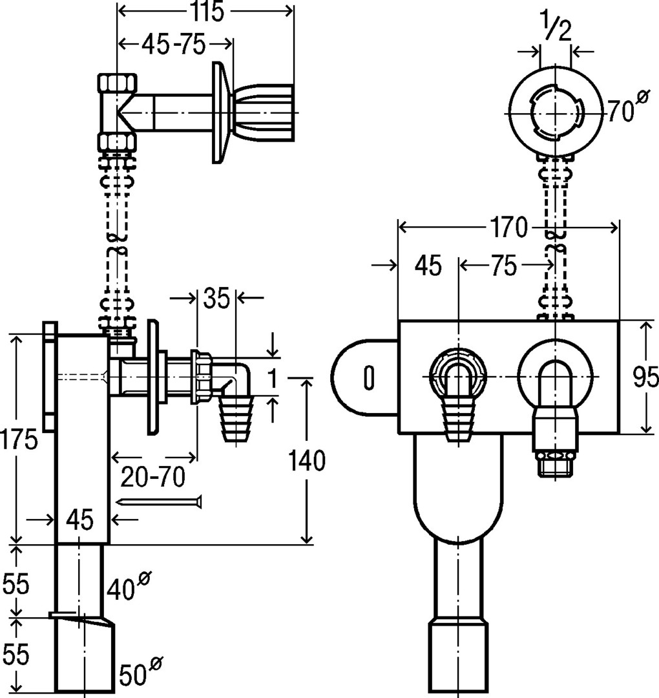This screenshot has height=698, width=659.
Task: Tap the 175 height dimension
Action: pyautogui.click(x=19, y=441)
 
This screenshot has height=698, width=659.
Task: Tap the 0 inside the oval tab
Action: pyautogui.click(x=369, y=377)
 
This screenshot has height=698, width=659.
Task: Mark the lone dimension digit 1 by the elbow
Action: pyautogui.click(x=274, y=377)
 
